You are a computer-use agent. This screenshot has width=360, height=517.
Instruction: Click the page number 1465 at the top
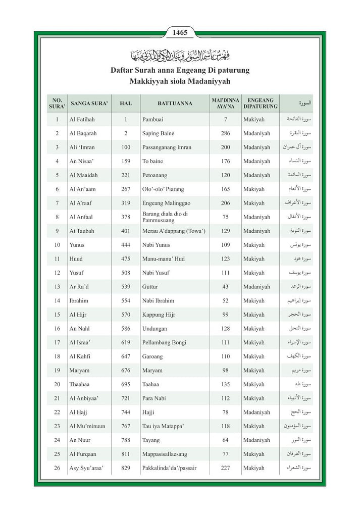180,33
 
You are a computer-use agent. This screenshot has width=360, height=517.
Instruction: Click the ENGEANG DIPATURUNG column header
260,103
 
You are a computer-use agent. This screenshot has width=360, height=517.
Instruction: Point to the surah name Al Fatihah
82,120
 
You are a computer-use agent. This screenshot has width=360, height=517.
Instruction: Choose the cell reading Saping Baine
158,133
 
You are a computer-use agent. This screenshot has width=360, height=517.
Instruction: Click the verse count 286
225,133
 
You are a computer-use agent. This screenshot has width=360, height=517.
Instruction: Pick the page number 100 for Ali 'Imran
126,147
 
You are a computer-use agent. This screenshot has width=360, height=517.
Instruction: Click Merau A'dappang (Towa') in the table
174,231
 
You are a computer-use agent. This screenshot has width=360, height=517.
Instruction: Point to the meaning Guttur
150,287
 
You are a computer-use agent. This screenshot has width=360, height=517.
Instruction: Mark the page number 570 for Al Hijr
126,315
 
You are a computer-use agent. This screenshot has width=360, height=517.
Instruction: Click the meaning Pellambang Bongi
165,342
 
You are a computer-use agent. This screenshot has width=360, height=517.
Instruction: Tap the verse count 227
225,468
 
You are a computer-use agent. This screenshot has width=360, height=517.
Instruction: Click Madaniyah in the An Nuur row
256,440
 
